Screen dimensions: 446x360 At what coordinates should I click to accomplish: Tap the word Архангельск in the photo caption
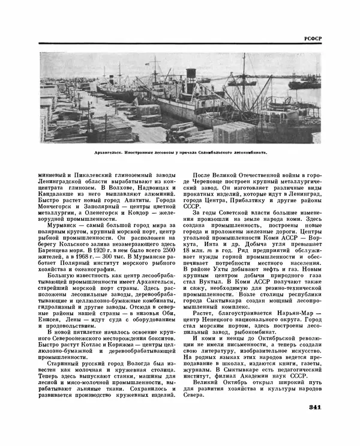pyautogui.click(x=110, y=152)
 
